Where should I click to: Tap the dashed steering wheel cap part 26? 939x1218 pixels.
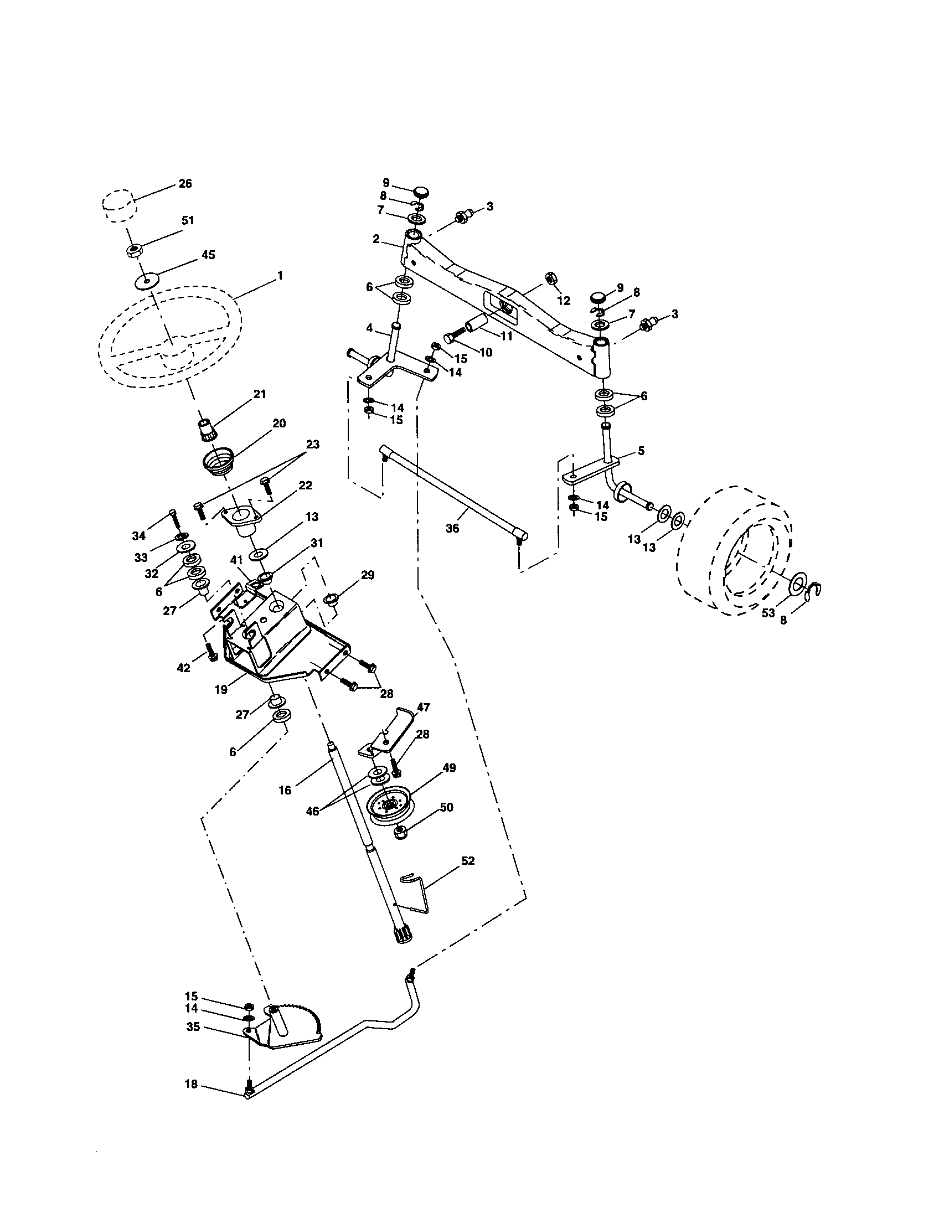point(119,205)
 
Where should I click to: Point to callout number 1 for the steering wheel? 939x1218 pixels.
point(280,276)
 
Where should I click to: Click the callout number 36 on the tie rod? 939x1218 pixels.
point(452,528)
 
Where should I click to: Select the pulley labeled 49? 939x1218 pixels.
point(390,806)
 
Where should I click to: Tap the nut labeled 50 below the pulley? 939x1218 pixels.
point(401,833)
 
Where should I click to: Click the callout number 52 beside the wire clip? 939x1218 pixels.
point(467,860)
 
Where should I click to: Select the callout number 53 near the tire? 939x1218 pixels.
point(768,613)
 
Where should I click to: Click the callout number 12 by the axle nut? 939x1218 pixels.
point(564,301)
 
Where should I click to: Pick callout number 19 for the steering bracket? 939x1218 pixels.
point(221,689)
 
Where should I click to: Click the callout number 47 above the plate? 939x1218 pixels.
point(424,707)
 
